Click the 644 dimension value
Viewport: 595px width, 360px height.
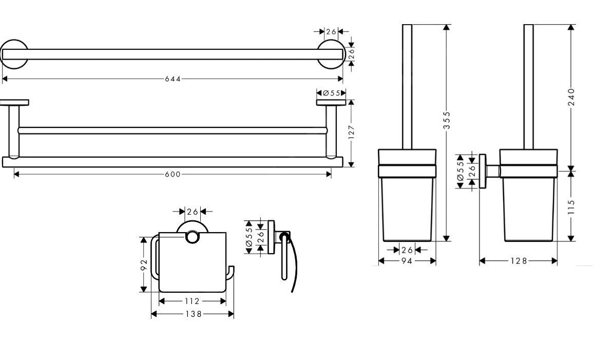pyautogui.click(x=172, y=79)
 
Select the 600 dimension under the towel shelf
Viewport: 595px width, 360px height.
pyautogui.click(x=172, y=174)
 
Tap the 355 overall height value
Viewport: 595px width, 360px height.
pyautogui.click(x=447, y=121)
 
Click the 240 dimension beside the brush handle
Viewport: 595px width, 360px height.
pyautogui.click(x=571, y=97)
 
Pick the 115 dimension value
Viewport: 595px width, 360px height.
pyautogui.click(x=571, y=206)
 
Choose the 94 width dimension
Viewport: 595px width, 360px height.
pyautogui.click(x=407, y=261)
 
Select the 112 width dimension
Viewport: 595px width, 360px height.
pyautogui.click(x=192, y=301)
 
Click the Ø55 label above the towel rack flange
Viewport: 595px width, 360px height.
pyautogui.click(x=332, y=93)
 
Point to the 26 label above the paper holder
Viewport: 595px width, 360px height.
pyautogui.click(x=192, y=212)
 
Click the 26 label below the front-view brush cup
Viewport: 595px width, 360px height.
pyautogui.click(x=407, y=250)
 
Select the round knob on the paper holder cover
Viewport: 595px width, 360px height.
pyautogui.click(x=192, y=237)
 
